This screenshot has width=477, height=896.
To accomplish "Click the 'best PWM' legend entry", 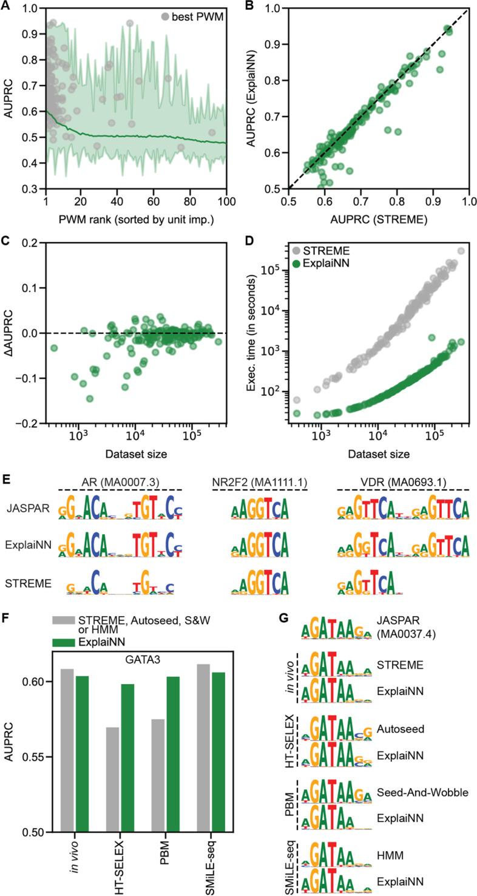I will (x=197, y=17).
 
